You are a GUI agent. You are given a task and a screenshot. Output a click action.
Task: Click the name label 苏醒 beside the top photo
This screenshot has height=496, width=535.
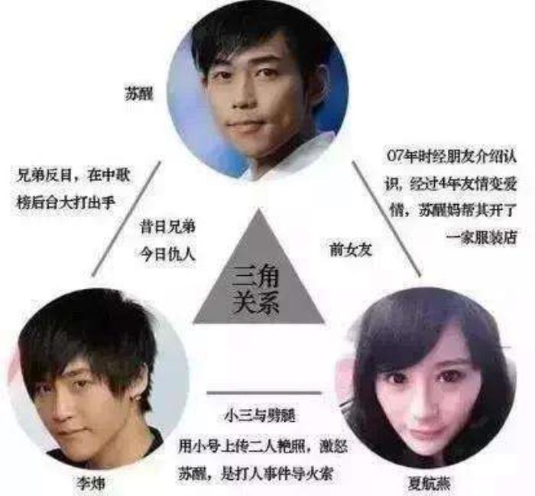[140, 97]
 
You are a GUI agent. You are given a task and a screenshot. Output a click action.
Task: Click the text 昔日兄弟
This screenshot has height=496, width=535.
[167, 227]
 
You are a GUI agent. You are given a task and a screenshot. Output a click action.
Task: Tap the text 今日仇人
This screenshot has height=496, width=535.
[167, 252]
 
